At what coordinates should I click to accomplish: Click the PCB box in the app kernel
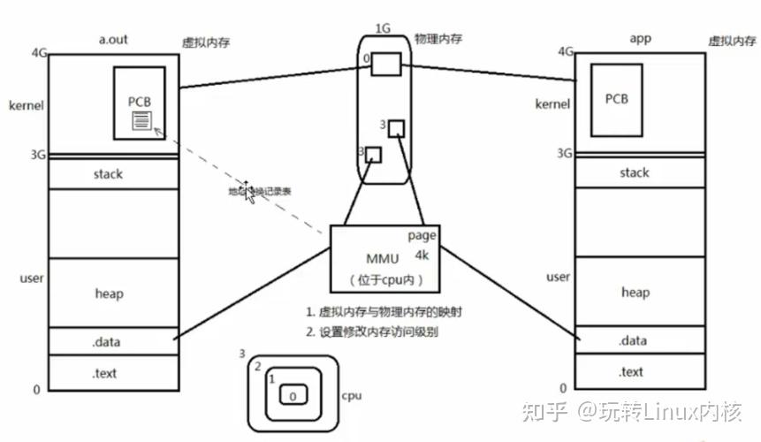pos(616,98)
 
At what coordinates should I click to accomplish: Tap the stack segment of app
pos(635,172)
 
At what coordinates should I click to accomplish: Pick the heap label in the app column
pos(635,293)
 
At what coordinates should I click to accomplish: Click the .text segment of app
pos(631,372)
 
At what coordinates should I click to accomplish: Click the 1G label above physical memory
pos(383,27)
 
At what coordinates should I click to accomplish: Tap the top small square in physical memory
pos(386,64)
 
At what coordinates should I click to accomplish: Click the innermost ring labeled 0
pos(293,397)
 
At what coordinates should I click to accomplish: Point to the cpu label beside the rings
pos(351,396)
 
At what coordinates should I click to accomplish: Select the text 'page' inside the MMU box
pos(422,236)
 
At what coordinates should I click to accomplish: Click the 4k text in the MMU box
pos(422,255)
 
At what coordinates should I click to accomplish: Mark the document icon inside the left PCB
pos(141,120)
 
